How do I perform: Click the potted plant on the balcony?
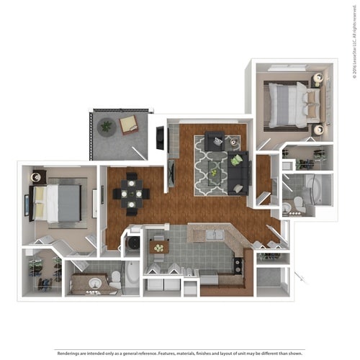(107, 126)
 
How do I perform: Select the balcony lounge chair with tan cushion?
(129, 125)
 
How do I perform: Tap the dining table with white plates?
(131, 193)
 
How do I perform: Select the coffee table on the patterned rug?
(214, 168)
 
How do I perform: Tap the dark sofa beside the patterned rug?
(238, 171)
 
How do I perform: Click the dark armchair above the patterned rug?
(214, 140)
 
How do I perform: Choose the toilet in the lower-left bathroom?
(115, 279)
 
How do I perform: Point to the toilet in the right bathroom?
(288, 207)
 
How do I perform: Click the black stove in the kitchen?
(238, 265)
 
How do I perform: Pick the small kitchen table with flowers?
(158, 247)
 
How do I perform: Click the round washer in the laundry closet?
(133, 244)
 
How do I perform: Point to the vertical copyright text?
(354, 40)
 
